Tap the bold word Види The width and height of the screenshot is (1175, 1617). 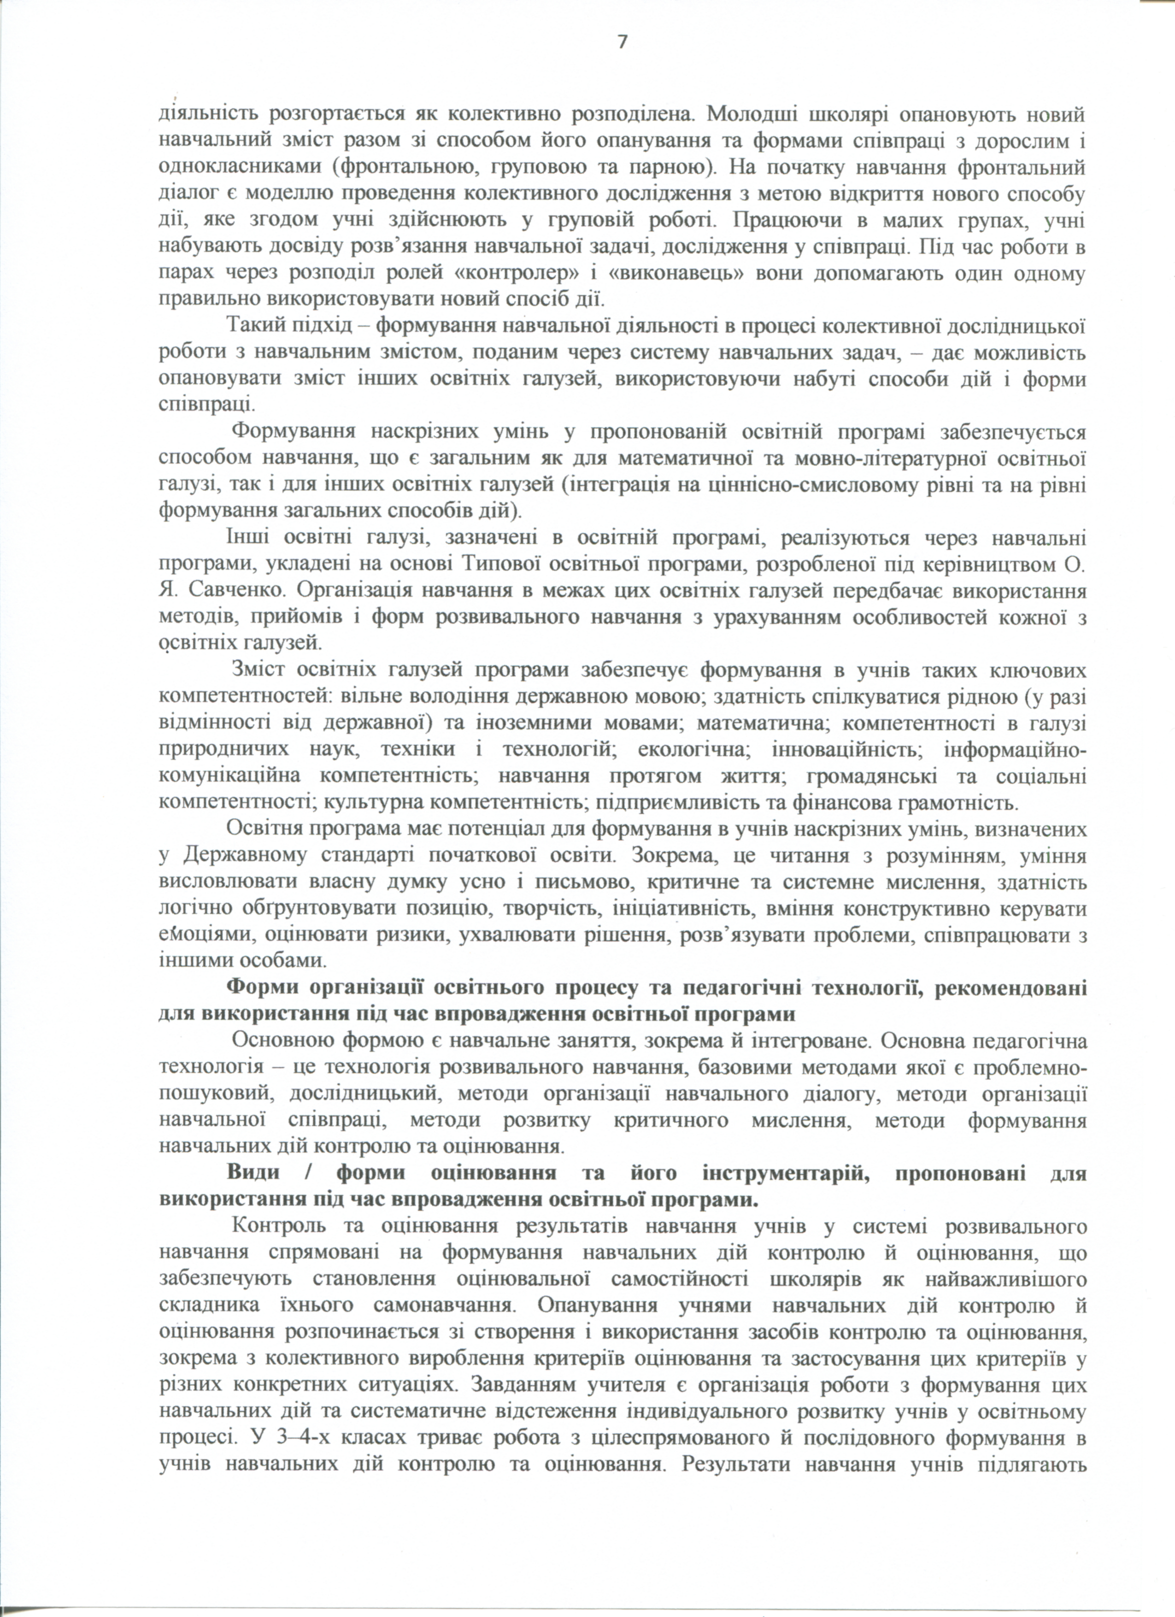(x=254, y=1173)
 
